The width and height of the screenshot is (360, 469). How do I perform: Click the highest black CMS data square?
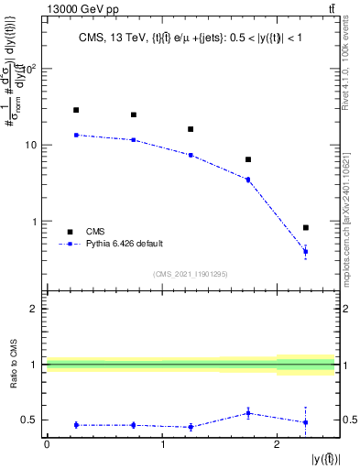76,110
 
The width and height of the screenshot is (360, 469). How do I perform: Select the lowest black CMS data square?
306,227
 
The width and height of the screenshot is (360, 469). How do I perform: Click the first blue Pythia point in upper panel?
76,135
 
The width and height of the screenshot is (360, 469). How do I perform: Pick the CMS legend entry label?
96,232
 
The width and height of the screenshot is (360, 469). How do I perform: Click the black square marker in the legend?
69,232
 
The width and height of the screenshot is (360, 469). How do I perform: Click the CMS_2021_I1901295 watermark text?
190,273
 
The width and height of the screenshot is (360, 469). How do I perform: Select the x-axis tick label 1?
162,444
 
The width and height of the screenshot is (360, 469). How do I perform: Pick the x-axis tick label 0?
47,444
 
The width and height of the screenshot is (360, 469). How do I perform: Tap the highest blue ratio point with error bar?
248,413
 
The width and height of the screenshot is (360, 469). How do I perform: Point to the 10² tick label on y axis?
31,70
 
